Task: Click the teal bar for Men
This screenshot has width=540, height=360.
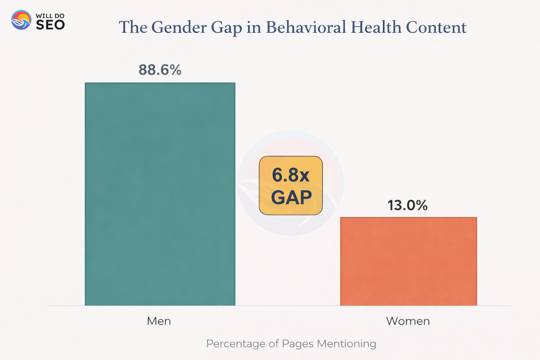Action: coord(160,194)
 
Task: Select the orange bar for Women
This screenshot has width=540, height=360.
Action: coord(409,261)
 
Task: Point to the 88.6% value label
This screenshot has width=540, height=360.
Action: coord(160,70)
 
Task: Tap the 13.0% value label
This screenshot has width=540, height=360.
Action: coord(407,205)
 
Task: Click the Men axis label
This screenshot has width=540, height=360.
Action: coord(159,321)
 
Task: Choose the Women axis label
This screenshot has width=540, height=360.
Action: coord(408,321)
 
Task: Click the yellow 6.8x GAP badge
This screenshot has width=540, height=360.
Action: coord(291,185)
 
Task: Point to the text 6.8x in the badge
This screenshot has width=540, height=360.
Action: coord(291,175)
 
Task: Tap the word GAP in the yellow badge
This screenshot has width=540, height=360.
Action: coord(291,197)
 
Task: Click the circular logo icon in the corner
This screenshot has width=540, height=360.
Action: coord(21,20)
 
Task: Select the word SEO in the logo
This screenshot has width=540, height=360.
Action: coord(50,25)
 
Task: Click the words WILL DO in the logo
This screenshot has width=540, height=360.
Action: coord(50,16)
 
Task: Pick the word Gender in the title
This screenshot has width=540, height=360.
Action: coord(179,27)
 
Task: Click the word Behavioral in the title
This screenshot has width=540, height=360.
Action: coord(306,27)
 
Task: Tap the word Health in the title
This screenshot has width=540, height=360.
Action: coord(376,27)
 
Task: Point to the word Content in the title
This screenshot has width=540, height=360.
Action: coord(436,27)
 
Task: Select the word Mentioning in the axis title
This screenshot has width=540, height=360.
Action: coord(346,344)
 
